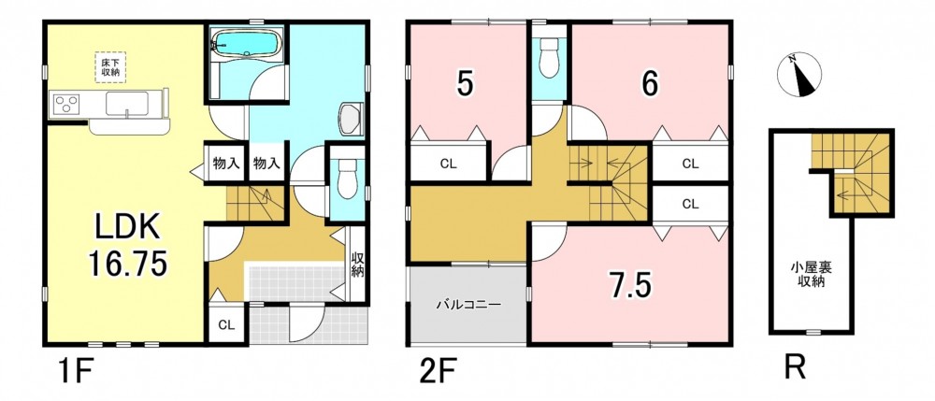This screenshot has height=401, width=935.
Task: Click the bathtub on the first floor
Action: click(247, 42)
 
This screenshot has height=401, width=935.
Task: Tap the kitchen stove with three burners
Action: click(66, 105)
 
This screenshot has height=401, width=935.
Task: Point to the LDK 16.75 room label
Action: click(126, 245)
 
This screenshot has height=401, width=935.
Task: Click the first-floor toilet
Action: click(346, 177)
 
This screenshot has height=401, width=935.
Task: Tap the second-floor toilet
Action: click(548, 60)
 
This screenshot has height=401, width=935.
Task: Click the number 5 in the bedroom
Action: click(465, 85)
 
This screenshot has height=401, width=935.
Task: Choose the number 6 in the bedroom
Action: click(650, 85)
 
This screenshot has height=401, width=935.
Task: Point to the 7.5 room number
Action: click(629, 285)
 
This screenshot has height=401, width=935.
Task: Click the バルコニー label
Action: click(468, 304)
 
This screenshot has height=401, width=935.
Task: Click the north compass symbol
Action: click(799, 76)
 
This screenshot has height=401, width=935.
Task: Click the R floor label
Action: click(795, 367)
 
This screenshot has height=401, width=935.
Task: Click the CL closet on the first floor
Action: click(225, 325)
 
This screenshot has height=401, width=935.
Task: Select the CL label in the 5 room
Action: click(449, 165)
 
